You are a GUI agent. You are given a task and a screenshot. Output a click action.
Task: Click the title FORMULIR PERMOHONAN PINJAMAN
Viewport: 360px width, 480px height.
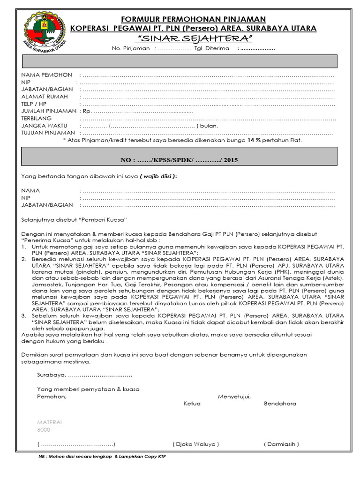(193, 19)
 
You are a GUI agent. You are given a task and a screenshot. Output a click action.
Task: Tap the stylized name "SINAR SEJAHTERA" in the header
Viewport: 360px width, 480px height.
(193, 38)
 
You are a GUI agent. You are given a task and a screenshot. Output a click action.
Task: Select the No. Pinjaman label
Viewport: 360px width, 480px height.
(131, 48)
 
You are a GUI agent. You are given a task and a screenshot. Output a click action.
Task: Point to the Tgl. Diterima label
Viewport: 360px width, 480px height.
(211, 48)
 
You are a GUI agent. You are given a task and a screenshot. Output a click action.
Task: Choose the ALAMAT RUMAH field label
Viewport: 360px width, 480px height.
(45, 97)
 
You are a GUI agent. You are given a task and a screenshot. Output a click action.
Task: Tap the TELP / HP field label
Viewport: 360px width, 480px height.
(34, 104)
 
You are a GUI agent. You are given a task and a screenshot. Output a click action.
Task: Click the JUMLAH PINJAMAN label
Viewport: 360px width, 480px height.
(49, 111)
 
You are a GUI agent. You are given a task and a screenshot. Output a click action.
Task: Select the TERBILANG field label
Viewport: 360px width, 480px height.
(36, 119)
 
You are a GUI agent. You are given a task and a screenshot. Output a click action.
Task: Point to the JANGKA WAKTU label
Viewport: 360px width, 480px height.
(44, 126)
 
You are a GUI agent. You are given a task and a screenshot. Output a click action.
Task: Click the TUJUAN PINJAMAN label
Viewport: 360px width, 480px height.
(48, 133)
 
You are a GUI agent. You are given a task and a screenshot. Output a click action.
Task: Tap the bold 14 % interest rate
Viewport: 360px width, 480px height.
(253, 140)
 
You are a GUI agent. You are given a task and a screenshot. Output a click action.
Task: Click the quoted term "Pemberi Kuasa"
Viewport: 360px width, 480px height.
(103, 219)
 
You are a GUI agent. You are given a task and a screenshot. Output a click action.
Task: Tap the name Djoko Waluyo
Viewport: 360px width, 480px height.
(195, 444)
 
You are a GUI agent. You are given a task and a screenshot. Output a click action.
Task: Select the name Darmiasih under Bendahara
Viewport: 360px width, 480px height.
(281, 444)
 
